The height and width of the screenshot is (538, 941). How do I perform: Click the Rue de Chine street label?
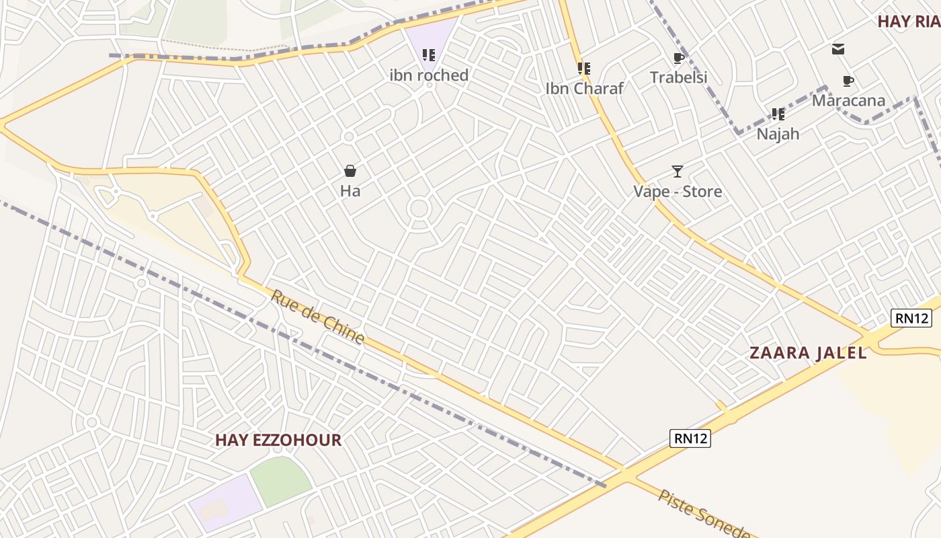318,317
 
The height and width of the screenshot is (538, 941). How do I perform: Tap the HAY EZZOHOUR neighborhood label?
278,440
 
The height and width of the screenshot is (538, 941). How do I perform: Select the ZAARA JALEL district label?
808,352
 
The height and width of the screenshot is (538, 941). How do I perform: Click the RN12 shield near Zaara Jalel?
911,318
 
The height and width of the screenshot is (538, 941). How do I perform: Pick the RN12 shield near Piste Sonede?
690,438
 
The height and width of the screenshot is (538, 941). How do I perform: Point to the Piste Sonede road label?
703,514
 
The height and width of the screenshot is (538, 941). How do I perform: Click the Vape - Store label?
678,192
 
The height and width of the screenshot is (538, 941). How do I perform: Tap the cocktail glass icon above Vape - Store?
678,171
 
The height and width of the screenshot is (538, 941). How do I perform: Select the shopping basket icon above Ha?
350,171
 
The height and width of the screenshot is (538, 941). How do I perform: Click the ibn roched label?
429,75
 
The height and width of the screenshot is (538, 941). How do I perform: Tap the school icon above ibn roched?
429,54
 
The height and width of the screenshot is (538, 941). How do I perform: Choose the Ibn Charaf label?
584,88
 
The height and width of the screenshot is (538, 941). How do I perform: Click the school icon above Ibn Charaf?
584,68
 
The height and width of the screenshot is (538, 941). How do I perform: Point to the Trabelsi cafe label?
678,77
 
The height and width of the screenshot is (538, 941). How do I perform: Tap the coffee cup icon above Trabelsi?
678,58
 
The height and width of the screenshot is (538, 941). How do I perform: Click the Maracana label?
848,101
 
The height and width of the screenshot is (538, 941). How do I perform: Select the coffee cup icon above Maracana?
848,81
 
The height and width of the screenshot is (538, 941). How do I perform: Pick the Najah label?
778,134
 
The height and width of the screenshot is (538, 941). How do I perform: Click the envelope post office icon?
838,49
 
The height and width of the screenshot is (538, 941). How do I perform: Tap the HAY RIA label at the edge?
909,21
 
